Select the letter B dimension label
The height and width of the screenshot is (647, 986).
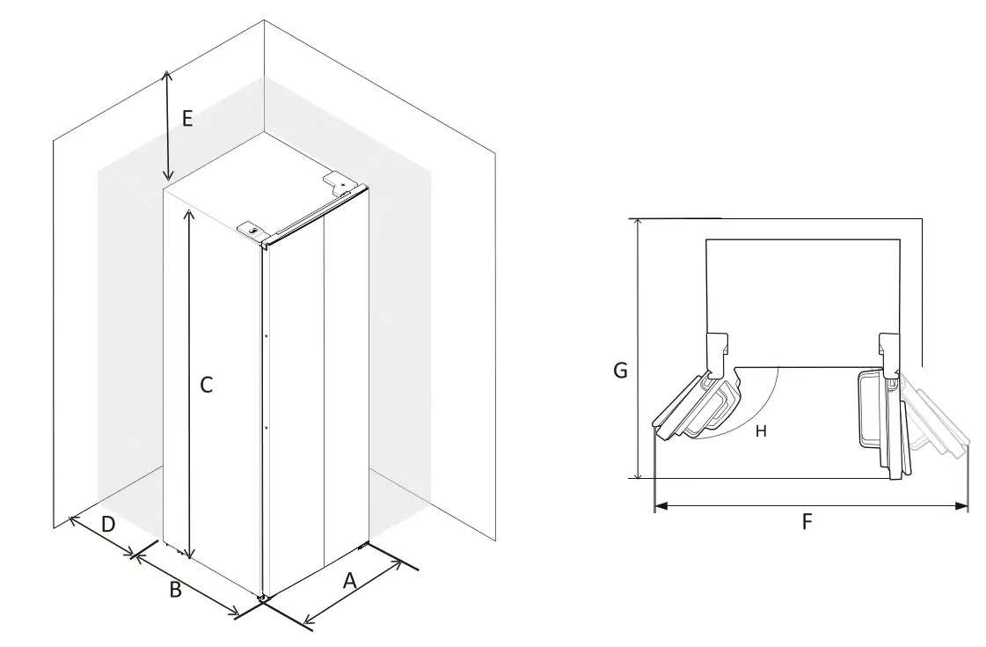point(176,590)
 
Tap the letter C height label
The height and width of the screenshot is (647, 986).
point(206,385)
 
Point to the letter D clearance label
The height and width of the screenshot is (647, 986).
point(107,525)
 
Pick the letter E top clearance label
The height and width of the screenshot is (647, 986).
point(186,118)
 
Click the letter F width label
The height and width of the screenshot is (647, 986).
point(807,522)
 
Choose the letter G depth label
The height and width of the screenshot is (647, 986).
point(620,371)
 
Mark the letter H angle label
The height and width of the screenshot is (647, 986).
point(761,430)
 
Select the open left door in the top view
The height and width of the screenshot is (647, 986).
point(695,407)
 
